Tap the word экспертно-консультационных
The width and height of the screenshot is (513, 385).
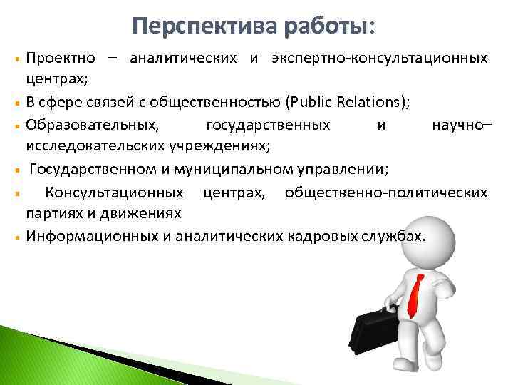pos(379,57)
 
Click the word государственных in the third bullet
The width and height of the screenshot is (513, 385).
pos(267,125)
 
